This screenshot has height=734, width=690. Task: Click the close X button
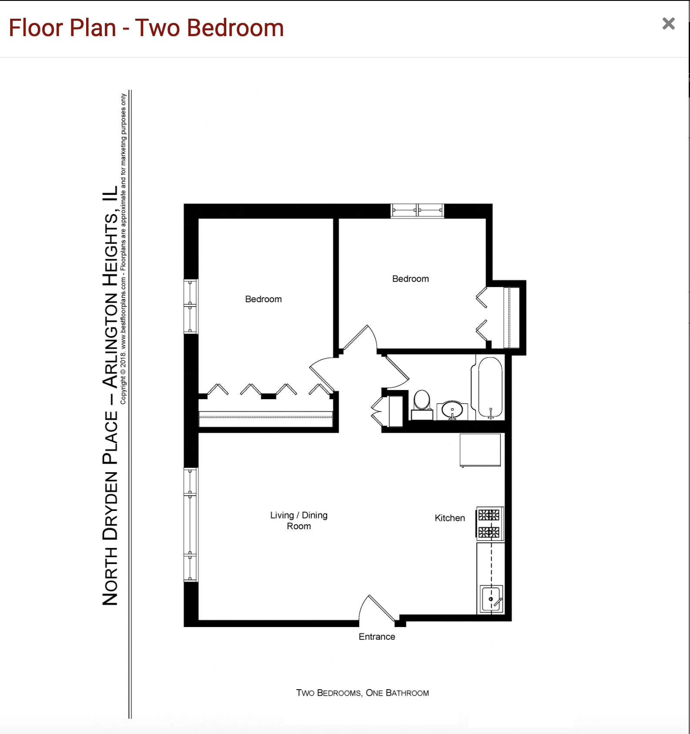(x=668, y=23)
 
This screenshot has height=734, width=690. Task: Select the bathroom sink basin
(x=452, y=410)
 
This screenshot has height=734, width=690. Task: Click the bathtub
(x=490, y=387)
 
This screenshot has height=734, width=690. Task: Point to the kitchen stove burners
(x=489, y=524)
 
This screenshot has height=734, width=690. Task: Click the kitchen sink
(x=491, y=599)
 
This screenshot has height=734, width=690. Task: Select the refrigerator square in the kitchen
(x=480, y=450)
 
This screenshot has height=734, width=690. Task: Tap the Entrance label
(x=377, y=637)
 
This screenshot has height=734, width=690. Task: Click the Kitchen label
(x=449, y=518)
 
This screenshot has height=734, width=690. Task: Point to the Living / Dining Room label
(x=299, y=520)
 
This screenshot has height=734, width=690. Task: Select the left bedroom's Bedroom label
(x=263, y=299)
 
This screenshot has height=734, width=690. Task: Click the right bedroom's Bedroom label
(x=410, y=279)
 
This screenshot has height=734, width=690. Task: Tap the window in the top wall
(x=417, y=210)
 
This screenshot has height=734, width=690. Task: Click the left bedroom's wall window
(x=191, y=307)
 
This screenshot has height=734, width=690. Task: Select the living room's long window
(x=191, y=524)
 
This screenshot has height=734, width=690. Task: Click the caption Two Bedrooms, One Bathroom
(x=362, y=693)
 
